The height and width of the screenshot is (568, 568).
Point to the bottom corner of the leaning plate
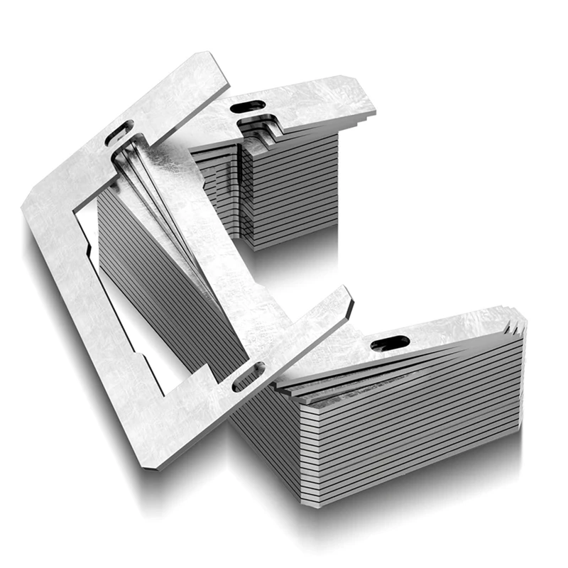coord(158,466)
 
